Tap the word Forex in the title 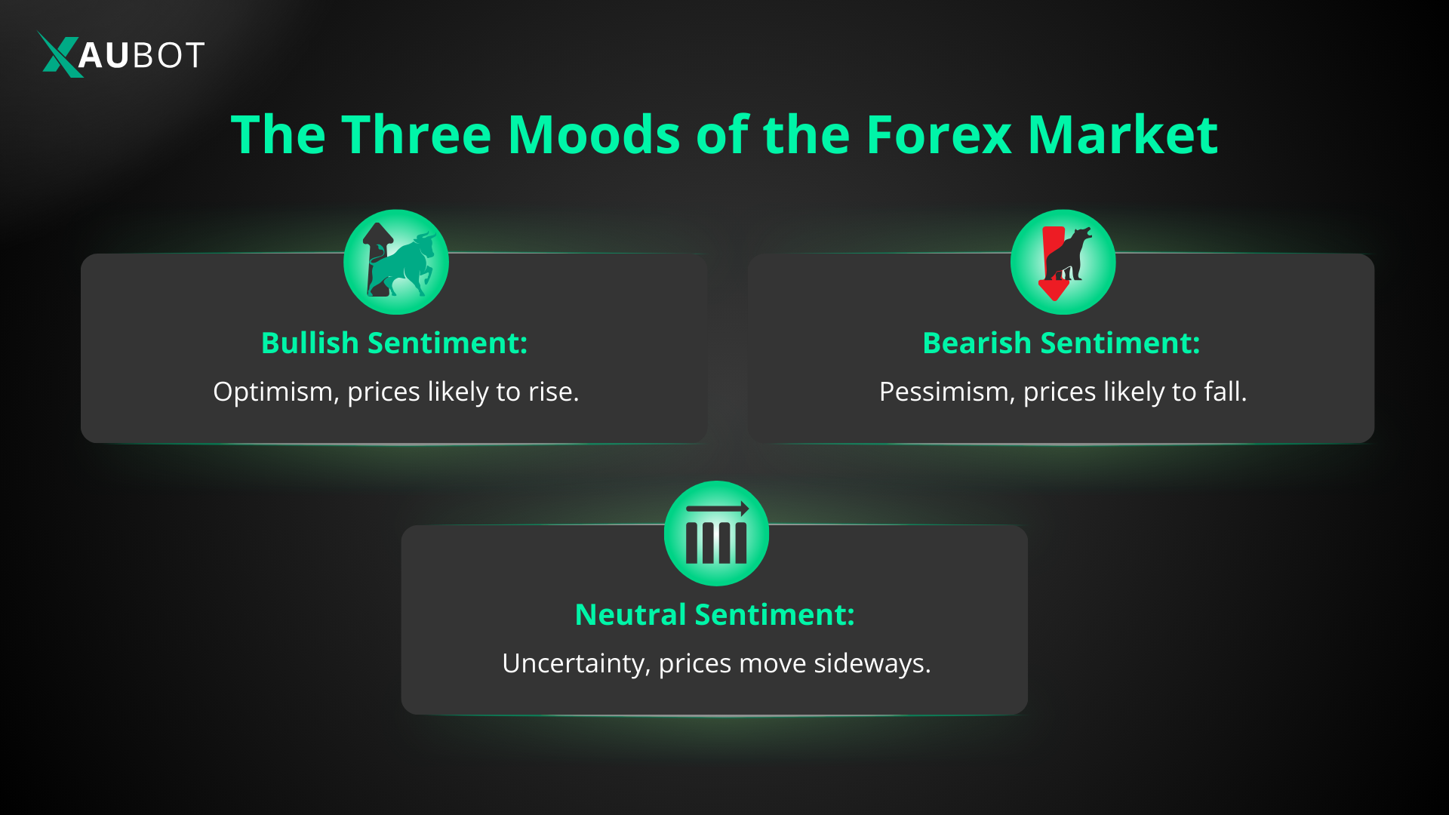point(939,135)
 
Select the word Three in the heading point(417,135)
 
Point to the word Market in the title point(1123,135)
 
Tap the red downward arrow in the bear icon point(1053,263)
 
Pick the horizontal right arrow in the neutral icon point(717,509)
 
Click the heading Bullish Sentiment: point(395,343)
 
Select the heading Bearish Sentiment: point(1061,343)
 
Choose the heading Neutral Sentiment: point(715,615)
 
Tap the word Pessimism point(947,392)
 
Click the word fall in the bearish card point(1222,392)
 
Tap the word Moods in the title point(595,135)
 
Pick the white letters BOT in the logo point(168,55)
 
